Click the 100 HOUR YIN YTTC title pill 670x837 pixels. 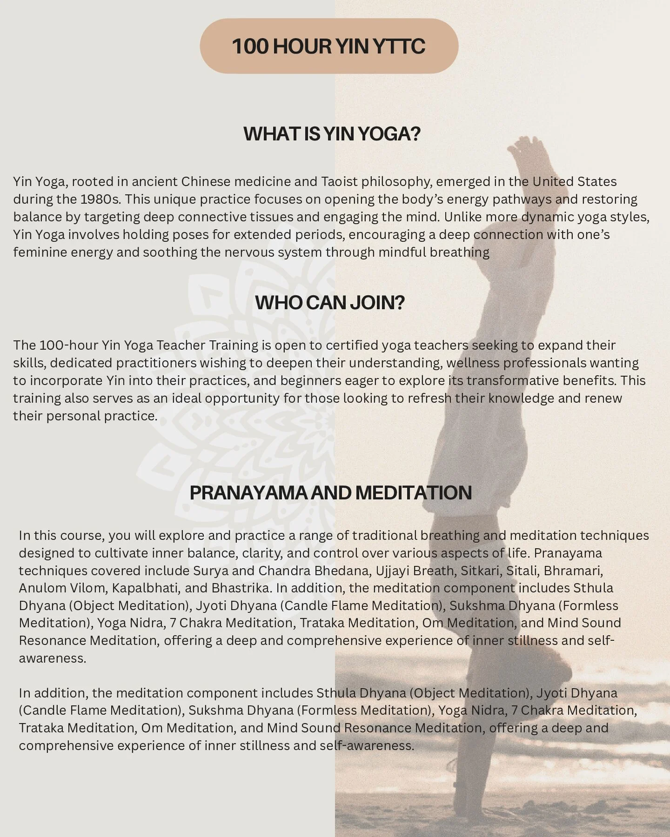329,46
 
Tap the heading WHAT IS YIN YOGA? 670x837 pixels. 332,134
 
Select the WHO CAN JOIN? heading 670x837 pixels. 330,303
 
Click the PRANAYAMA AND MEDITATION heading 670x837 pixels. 330,493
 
